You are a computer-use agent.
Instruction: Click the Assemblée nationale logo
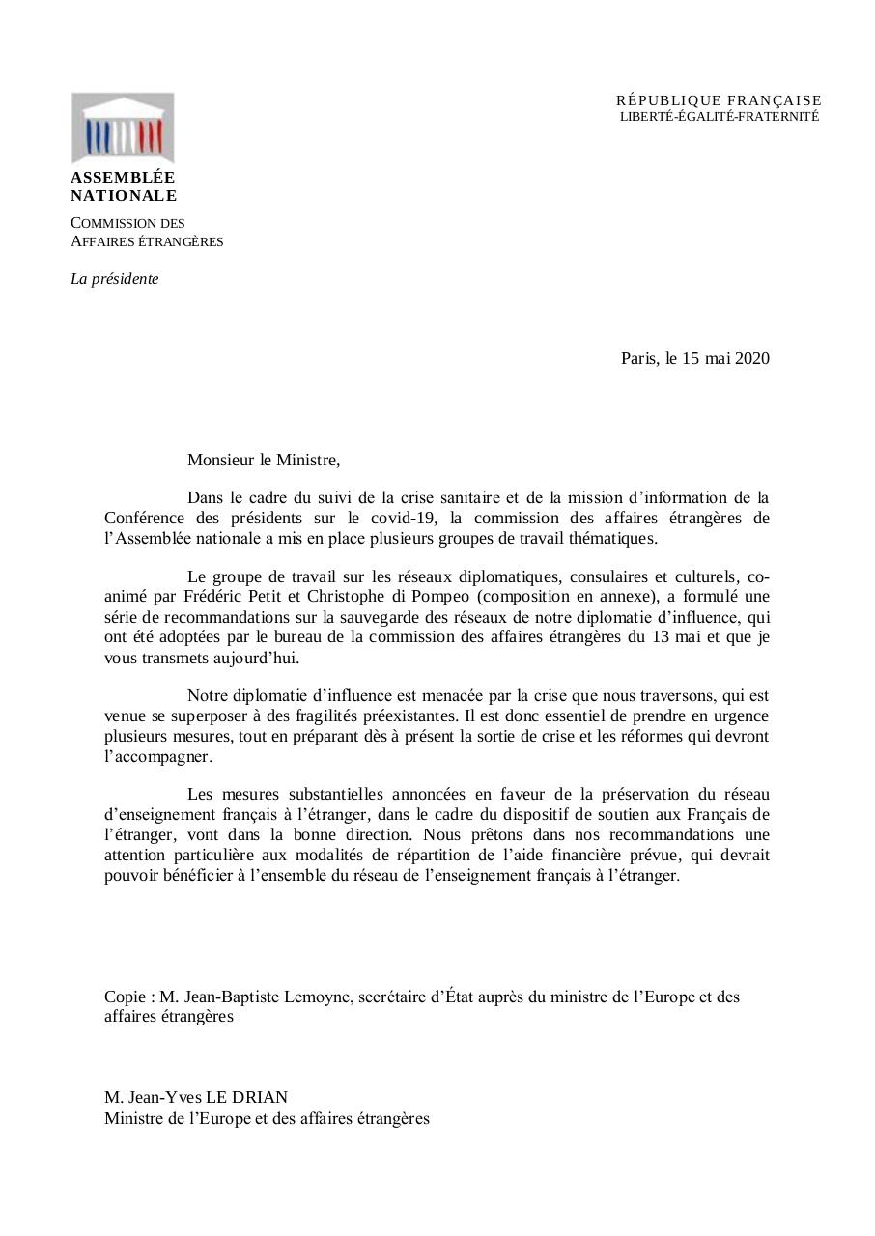click(x=123, y=127)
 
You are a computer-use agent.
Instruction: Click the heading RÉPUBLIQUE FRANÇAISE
click(x=719, y=100)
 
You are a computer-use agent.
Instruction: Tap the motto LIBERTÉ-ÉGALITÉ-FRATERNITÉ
click(x=719, y=116)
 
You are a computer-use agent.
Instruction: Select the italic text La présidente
click(x=115, y=279)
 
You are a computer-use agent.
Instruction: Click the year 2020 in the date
click(x=752, y=359)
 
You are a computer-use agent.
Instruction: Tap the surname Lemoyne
click(x=317, y=997)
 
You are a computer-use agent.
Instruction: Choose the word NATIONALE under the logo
click(x=124, y=196)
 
